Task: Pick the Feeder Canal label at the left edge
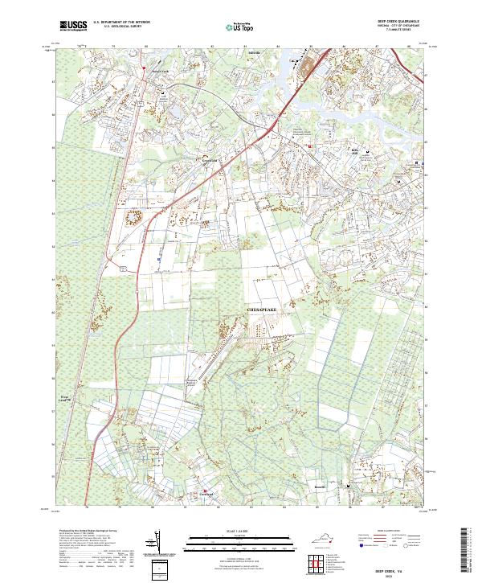coord(64,397)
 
